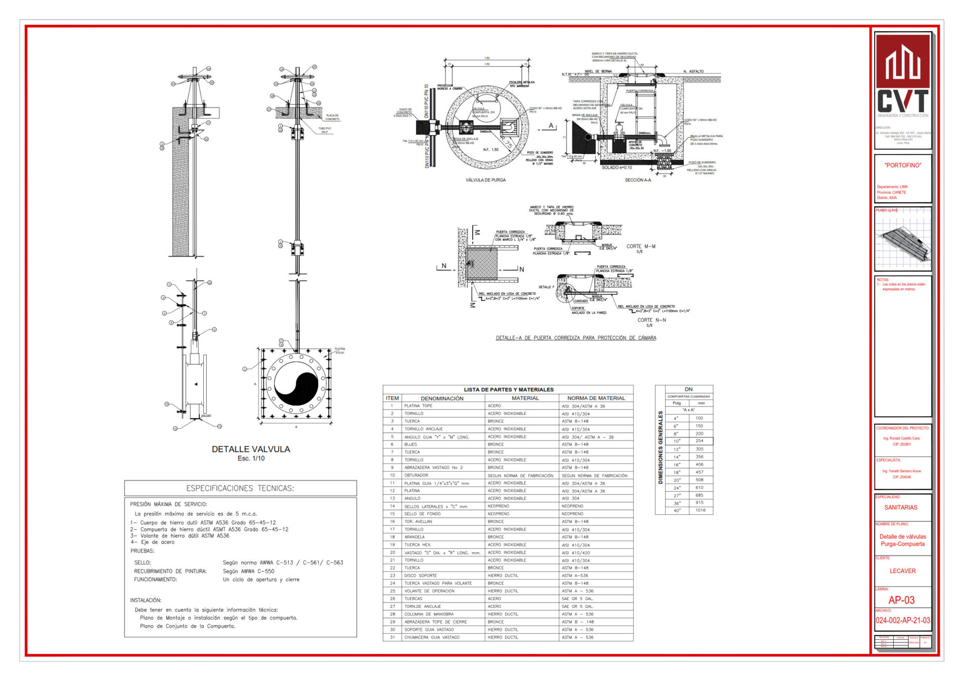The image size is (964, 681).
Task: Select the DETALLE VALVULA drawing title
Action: pos(251,449)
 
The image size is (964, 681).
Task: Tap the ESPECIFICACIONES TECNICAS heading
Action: pos(240,488)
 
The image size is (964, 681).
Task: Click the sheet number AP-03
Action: pos(902,600)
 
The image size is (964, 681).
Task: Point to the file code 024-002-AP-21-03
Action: pos(903,620)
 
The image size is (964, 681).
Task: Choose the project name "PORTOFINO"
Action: pos(903,165)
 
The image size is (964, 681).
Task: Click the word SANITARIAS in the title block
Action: pos(901,507)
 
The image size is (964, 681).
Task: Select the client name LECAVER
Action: pos(902,571)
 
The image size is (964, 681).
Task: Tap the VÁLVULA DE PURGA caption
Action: pos(486,180)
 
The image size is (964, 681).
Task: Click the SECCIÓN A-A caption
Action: pos(638,180)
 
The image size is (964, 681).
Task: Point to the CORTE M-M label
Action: pos(641,247)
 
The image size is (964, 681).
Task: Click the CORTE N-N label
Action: pos(652,320)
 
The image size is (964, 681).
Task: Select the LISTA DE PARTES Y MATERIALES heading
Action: pos(508,390)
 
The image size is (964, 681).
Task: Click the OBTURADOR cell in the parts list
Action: pos(416,475)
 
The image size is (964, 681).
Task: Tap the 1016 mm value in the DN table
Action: pos(700,510)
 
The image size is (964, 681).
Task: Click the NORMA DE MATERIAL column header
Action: pos(596,398)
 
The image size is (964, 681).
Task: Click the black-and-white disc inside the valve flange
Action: pos(296,384)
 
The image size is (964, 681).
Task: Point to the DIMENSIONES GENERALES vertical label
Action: pos(660,447)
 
